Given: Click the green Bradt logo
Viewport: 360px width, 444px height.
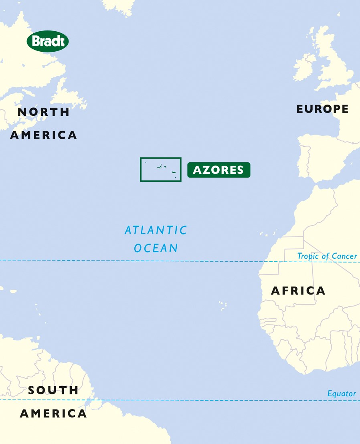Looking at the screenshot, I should pyautogui.click(x=48, y=41).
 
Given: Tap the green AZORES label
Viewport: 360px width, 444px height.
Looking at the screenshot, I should pyautogui.click(x=218, y=170).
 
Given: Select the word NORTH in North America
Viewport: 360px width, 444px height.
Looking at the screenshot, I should pyautogui.click(x=43, y=112).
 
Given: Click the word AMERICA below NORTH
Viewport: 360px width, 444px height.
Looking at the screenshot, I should pyautogui.click(x=43, y=135).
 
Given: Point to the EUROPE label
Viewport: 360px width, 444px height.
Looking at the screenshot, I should pyautogui.click(x=322, y=109).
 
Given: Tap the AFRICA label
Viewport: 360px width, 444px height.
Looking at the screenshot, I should pyautogui.click(x=298, y=291).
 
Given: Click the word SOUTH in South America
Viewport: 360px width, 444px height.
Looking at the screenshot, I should pyautogui.click(x=53, y=390).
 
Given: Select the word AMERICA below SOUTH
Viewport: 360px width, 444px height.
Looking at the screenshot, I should pyautogui.click(x=53, y=414).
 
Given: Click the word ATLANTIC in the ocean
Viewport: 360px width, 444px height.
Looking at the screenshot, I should pyautogui.click(x=156, y=230).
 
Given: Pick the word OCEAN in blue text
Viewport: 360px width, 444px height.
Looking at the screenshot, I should pyautogui.click(x=156, y=248).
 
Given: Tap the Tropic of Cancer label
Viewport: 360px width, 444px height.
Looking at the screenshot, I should pyautogui.click(x=327, y=256).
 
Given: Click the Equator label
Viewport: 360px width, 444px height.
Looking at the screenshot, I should pyautogui.click(x=342, y=394).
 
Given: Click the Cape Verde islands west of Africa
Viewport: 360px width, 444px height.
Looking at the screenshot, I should pyautogui.click(x=222, y=306).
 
